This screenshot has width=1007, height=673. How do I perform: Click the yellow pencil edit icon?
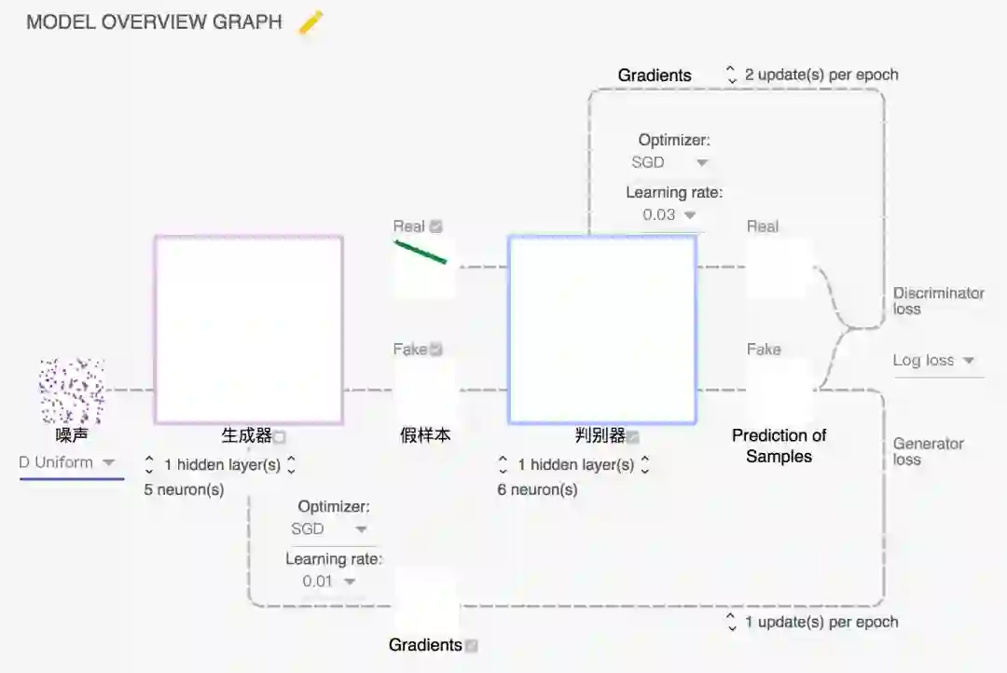(x=310, y=23)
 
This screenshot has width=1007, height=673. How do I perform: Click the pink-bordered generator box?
(x=248, y=330)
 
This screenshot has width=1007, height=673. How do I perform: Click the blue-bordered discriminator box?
(x=602, y=330)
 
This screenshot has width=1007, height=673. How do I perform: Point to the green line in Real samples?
(x=421, y=252)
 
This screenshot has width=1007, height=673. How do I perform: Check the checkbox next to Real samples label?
(x=436, y=227)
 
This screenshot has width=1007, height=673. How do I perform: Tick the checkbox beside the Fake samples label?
(x=436, y=350)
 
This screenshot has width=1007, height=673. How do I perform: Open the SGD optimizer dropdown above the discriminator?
(x=669, y=162)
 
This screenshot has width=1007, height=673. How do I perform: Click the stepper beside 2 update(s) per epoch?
(x=732, y=75)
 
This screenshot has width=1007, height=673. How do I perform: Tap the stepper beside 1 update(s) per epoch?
(x=732, y=622)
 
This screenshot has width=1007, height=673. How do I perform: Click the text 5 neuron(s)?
(x=184, y=489)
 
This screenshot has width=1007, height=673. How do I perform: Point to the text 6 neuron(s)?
(x=537, y=489)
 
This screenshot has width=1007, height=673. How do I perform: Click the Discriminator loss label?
(x=938, y=300)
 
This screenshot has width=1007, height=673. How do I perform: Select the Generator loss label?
(x=928, y=451)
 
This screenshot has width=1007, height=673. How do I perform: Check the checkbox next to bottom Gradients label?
(x=472, y=645)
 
